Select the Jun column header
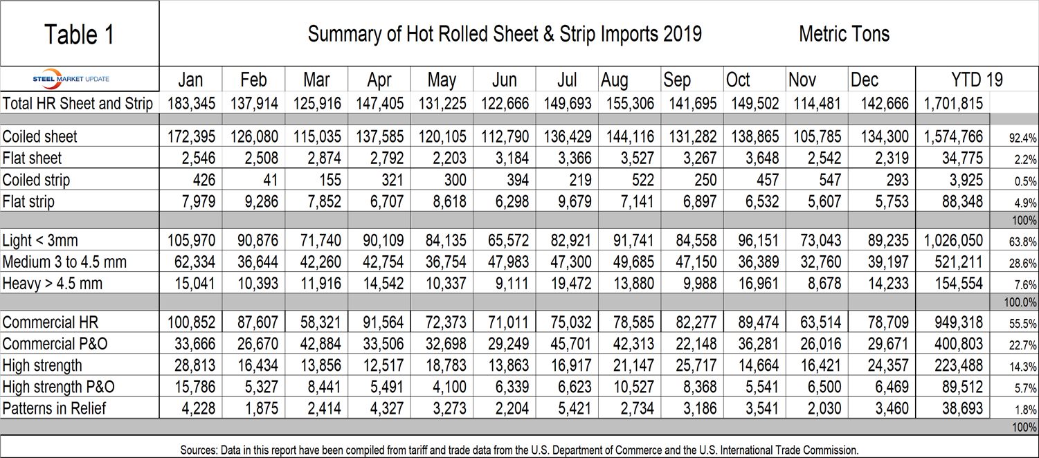click(505, 80)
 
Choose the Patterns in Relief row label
click(55, 407)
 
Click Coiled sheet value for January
click(192, 136)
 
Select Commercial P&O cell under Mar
click(317, 344)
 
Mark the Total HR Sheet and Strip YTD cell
click(953, 104)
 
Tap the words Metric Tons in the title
click(844, 33)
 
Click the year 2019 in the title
click(682, 33)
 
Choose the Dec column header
click(865, 80)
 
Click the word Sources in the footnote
click(199, 450)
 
